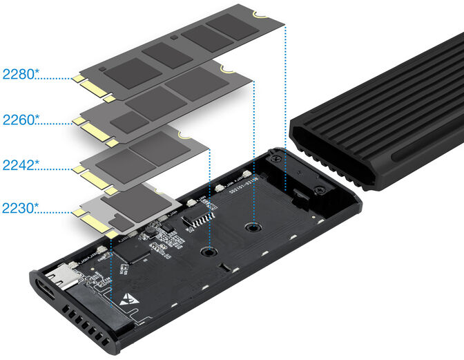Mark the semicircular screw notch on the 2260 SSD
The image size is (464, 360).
[x=226, y=68]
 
